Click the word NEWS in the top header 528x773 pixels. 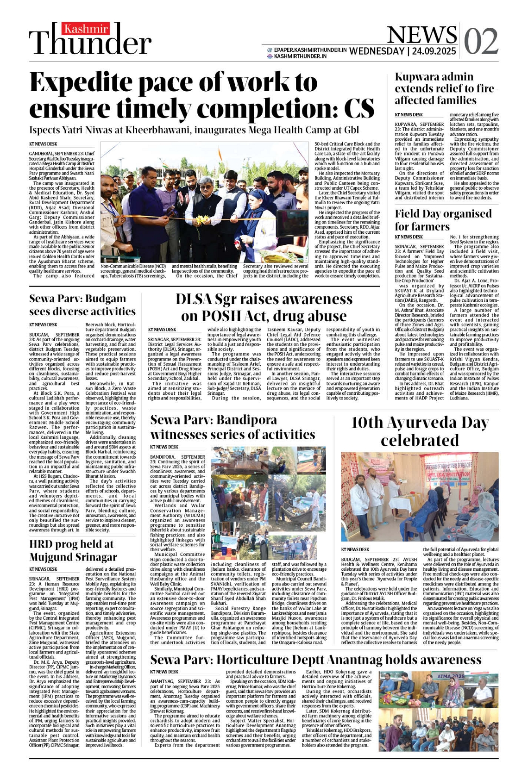(x=421, y=35)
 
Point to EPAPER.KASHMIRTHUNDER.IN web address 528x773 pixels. (x=310, y=50)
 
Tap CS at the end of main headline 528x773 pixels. (x=359, y=109)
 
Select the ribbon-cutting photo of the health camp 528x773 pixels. (x=204, y=202)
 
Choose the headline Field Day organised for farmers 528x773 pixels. (x=443, y=220)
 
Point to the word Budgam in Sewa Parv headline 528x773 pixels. (x=106, y=299)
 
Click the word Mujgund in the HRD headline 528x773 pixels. (x=51, y=557)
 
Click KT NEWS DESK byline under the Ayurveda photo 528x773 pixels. (x=355, y=549)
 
